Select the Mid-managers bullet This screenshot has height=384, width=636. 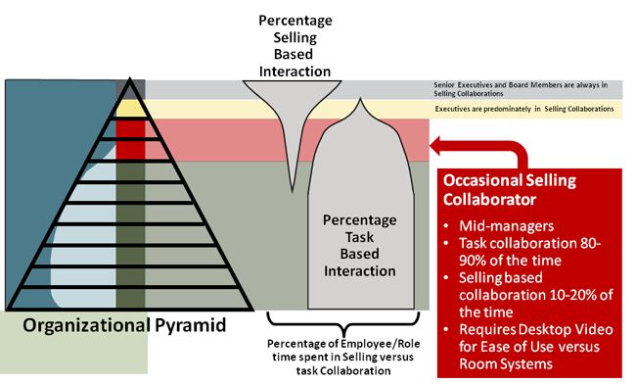coord(494,226)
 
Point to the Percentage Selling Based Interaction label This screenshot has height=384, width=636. coord(294,45)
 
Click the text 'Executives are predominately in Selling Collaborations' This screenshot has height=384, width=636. coord(524,109)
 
